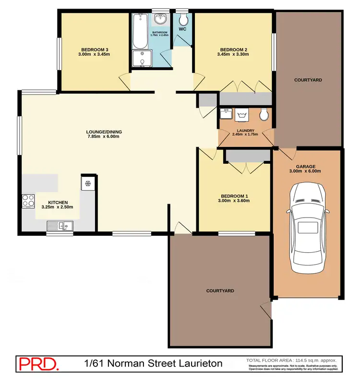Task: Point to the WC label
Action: pyautogui.click(x=182, y=29)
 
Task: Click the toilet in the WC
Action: pyautogui.click(x=183, y=20)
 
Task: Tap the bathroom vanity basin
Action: pyautogui.click(x=159, y=20)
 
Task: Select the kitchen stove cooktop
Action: pyautogui.click(x=27, y=200)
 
